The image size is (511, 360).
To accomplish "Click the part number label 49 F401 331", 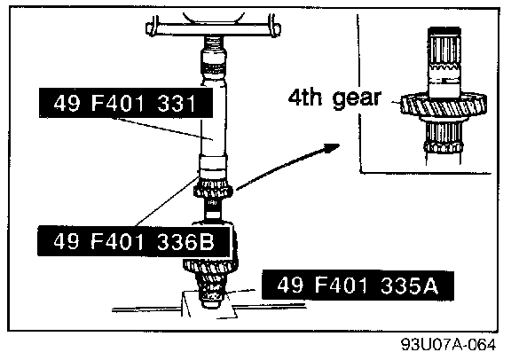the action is click(x=125, y=103).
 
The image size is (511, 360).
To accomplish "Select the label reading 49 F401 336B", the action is click(x=134, y=241).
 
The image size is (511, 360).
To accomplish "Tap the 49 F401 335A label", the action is click(x=358, y=285).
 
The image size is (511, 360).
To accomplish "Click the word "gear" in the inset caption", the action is click(x=357, y=98).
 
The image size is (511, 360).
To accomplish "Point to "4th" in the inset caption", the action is click(x=305, y=97).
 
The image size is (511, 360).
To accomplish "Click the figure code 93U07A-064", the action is click(x=448, y=344).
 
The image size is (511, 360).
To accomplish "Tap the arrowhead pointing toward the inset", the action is click(x=331, y=149).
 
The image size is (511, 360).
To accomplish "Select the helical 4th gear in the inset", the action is click(x=444, y=105).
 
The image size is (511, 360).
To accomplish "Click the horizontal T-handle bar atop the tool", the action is click(x=214, y=27).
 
